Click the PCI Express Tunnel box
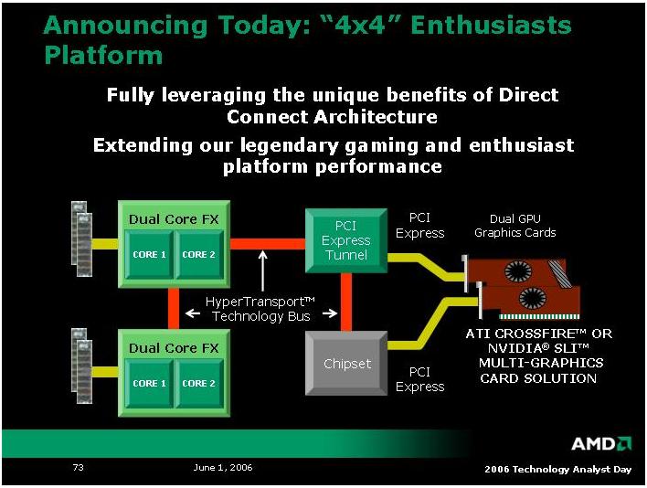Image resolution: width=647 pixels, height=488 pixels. coord(346,240)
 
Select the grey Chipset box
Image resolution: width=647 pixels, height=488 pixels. coord(346,364)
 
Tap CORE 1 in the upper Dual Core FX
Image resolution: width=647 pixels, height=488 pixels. coord(149,255)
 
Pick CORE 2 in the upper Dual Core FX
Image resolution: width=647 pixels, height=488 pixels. coord(199,255)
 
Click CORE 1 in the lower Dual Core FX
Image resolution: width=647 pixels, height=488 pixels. coord(149,383)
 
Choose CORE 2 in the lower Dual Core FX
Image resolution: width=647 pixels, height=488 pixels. coord(199,383)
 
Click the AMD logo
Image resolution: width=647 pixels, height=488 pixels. coord(601,444)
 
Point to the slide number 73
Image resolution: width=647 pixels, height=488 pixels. coord(78,467)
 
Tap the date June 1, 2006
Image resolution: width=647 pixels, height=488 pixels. coord(223,467)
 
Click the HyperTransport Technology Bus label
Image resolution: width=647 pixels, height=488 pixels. coord(260,309)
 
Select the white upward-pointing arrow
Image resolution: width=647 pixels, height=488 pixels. coord(263,271)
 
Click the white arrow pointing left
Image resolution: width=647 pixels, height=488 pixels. coord(193,313)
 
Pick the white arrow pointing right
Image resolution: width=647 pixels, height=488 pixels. coord(330,313)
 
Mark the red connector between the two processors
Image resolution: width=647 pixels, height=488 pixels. coord(174,308)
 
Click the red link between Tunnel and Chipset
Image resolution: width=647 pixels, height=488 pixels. coord(346,302)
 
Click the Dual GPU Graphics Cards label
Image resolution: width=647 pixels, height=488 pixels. coord(515,226)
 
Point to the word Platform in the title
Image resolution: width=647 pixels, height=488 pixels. coord(103,56)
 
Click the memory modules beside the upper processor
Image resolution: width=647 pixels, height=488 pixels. coord(81,239)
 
